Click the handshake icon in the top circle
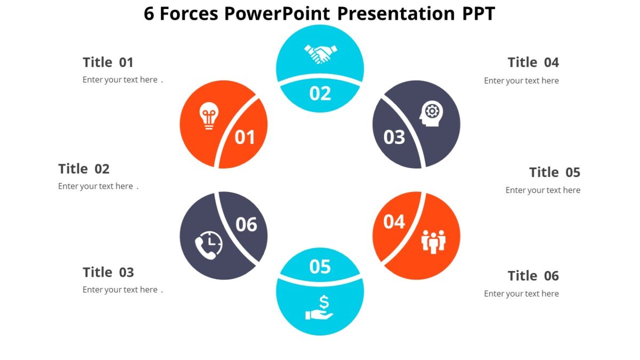[x=321, y=53]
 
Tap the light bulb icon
[x=209, y=117]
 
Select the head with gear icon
[x=431, y=114]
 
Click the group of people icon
[x=433, y=242]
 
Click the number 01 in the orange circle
[x=245, y=138]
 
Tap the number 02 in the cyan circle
[x=320, y=93]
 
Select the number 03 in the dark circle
[x=395, y=138]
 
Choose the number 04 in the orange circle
[x=394, y=221]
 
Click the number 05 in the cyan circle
[x=320, y=266]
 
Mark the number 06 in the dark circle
[x=246, y=225]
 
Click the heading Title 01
[x=108, y=62]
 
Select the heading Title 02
[x=84, y=169]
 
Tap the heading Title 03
[x=108, y=273]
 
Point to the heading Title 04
[x=533, y=62]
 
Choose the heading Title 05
[x=554, y=172]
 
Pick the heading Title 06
[x=533, y=276]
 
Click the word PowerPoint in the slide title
[x=277, y=14]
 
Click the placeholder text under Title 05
[x=542, y=190]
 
